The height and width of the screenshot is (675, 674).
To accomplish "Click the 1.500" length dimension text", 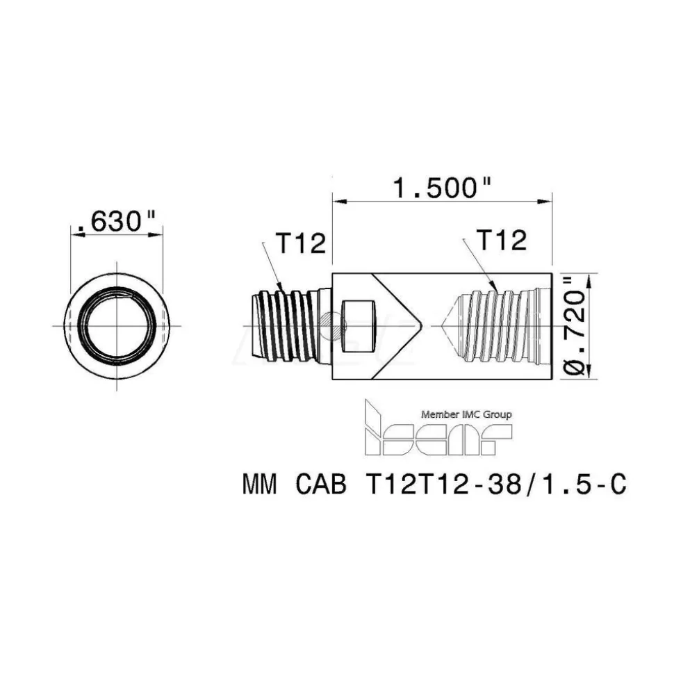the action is pos(443,188).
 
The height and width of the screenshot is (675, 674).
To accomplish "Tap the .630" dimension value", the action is pos(116,221).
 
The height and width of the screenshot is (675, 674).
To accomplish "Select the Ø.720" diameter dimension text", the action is pos(575,326).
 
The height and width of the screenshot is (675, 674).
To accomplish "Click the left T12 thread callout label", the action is pos(301,243).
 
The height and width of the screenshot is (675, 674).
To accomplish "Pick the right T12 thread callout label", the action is pos(502,240).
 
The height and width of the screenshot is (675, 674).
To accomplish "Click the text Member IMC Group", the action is pos(466,414).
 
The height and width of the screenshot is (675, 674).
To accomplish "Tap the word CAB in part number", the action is pos(320,485).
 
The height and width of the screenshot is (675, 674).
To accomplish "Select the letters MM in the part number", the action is pos(259,485).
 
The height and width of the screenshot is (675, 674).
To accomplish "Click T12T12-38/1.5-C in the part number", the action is pos(496,485).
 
